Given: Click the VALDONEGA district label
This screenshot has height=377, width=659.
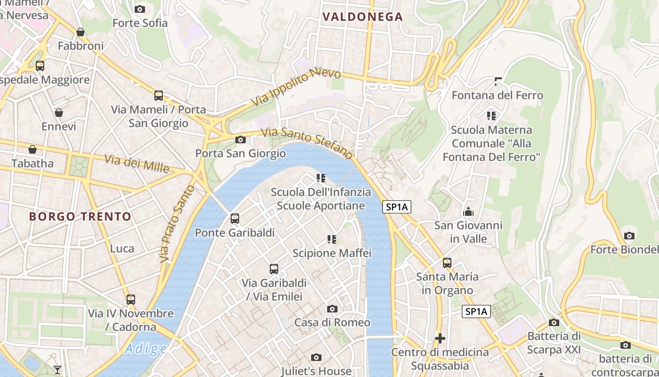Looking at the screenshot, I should (x=362, y=17).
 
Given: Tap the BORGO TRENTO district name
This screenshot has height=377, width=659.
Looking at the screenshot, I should (x=80, y=217).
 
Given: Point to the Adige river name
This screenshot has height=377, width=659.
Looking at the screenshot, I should (x=146, y=349).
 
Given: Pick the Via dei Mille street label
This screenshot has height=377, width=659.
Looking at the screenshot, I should (x=137, y=164).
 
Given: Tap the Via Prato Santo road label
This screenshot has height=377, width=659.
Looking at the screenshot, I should (x=170, y=223).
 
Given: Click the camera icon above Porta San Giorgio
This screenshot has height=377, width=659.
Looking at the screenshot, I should (x=240, y=139).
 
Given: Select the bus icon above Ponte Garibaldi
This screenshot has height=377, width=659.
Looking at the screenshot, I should (x=234, y=219).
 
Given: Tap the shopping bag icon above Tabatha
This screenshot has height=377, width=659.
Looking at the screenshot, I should (x=32, y=149).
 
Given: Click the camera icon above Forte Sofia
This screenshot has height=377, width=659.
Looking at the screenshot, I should (x=140, y=9).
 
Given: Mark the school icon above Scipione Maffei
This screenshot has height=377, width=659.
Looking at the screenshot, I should (x=332, y=239).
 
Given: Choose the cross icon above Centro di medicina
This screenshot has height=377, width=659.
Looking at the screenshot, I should (x=440, y=338).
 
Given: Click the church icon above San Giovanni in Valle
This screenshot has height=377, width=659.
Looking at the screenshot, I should (x=468, y=212).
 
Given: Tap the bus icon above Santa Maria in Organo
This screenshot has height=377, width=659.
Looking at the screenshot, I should (x=447, y=262).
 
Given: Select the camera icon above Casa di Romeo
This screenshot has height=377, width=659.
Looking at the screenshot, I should (x=332, y=309).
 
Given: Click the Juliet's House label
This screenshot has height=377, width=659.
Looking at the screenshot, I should (x=316, y=371).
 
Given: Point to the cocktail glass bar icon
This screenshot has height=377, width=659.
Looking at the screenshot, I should (x=57, y=369).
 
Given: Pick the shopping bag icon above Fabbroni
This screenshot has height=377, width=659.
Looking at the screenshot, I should (x=80, y=32).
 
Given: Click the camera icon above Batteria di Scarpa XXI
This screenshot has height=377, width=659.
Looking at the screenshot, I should (x=554, y=322).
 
